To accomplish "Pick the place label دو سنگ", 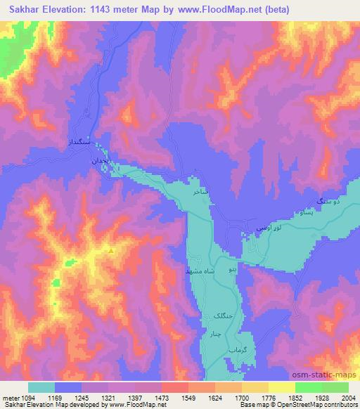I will (x=329, y=202).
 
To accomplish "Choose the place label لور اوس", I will (x=269, y=228).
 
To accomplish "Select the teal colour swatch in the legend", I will (x=41, y=387).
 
